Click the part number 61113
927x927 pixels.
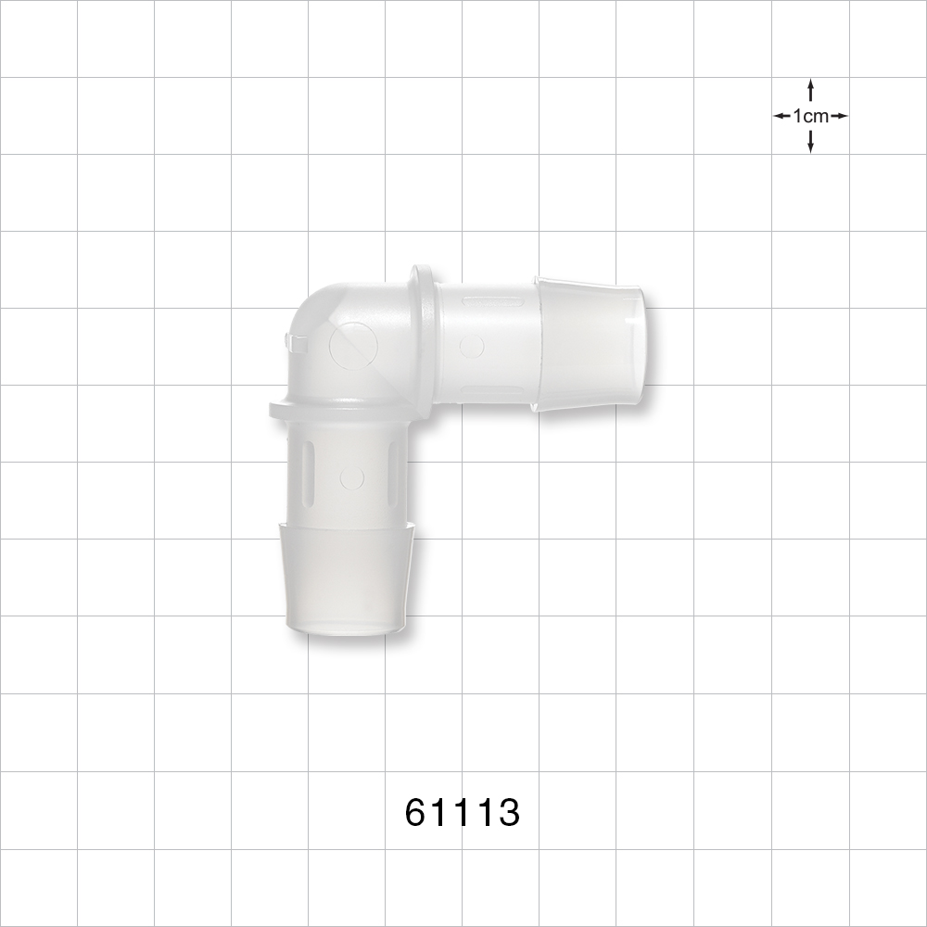463,813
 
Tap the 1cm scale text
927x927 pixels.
810,117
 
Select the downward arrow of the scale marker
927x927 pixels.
811,143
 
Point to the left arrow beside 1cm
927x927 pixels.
781,117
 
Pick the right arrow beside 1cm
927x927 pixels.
839,117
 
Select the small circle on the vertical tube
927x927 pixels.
351,478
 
